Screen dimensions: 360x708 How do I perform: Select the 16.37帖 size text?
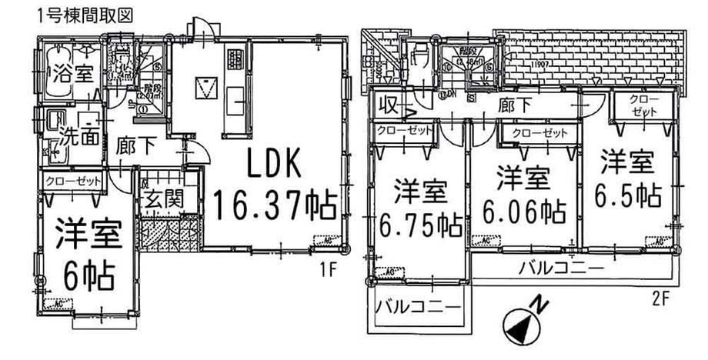275,205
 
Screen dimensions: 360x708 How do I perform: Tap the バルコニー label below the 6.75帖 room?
419,308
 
